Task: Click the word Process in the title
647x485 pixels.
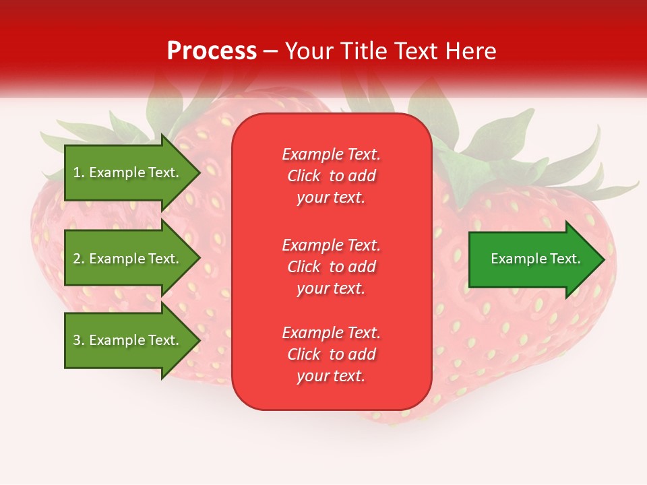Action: (212, 51)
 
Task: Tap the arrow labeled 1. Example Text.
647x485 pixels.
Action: (127, 172)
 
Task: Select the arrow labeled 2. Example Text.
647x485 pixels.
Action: (127, 259)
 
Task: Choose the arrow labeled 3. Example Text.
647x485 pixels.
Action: (127, 340)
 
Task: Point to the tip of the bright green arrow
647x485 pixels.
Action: (603, 259)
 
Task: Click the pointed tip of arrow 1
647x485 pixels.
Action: (198, 172)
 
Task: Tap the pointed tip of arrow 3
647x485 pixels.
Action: (198, 340)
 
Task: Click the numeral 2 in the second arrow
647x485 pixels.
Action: (76, 259)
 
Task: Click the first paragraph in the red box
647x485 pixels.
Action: (331, 176)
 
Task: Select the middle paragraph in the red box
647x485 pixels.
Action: (331, 267)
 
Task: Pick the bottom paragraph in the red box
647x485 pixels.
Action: (331, 354)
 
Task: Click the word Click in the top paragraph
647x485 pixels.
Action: (304, 176)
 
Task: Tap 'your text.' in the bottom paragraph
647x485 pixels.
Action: (331, 376)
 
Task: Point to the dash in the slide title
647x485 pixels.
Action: (271, 52)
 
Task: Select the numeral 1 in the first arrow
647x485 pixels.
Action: (76, 172)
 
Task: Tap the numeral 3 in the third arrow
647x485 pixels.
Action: (76, 340)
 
